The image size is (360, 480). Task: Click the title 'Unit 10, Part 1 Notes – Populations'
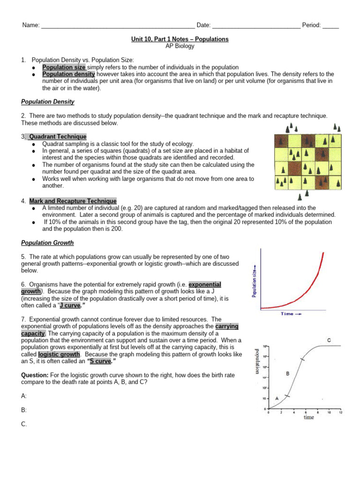pyautogui.click(x=180, y=39)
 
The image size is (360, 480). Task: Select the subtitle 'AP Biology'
pyautogui.click(x=180, y=46)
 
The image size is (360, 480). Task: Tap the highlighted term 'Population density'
pyautogui.click(x=68, y=74)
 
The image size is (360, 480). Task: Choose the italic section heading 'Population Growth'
pyautogui.click(x=47, y=243)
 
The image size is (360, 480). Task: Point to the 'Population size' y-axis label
pyautogui.click(x=254, y=280)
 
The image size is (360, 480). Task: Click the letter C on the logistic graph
pyautogui.click(x=329, y=339)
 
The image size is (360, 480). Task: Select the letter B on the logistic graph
pyautogui.click(x=287, y=374)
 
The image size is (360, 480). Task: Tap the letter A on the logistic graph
pyautogui.click(x=277, y=398)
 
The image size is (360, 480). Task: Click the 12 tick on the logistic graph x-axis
pyautogui.click(x=341, y=412)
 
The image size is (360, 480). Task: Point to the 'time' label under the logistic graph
pyautogui.click(x=308, y=417)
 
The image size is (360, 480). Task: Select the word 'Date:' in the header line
pyautogui.click(x=203, y=25)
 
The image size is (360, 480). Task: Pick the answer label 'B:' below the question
pyautogui.click(x=24, y=410)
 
